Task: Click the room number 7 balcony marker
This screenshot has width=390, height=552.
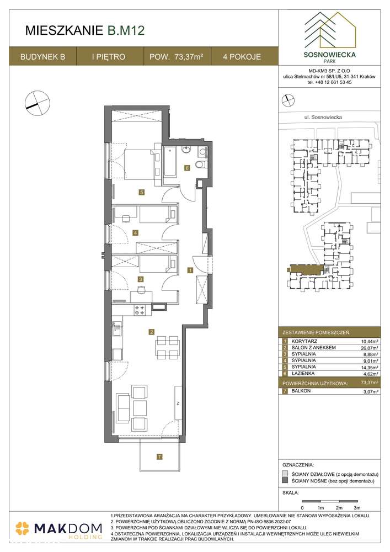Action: click(159, 457)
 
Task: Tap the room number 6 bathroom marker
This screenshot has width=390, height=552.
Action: click(187, 168)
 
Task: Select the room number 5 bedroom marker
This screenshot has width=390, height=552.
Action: click(142, 192)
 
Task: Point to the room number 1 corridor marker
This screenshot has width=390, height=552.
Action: click(190, 270)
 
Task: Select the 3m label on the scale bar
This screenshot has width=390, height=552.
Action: click(356, 507)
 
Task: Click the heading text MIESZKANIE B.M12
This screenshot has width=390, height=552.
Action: click(85, 31)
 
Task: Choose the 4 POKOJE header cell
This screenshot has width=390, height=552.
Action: click(242, 56)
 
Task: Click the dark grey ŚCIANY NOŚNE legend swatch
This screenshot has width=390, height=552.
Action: click(284, 481)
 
